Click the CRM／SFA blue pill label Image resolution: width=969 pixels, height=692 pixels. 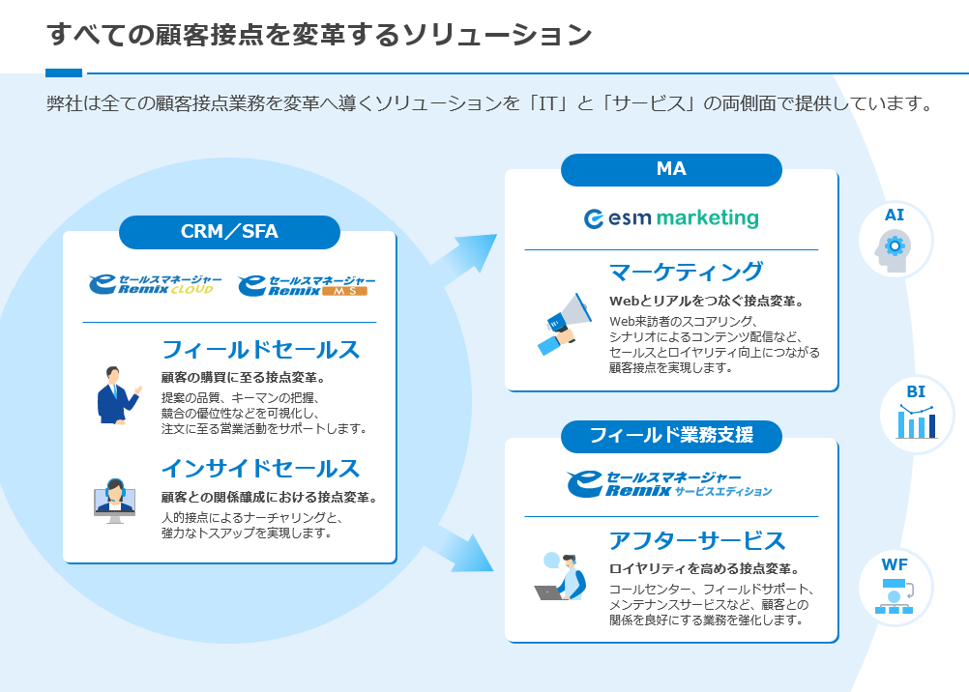[x=229, y=232]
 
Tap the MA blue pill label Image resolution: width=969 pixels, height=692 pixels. [x=671, y=169]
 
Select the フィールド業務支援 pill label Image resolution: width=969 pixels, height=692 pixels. [x=671, y=436]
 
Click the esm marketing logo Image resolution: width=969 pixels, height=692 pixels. [x=671, y=218]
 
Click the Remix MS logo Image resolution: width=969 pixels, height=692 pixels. [x=307, y=284]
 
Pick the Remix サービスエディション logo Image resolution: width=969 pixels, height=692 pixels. [x=670, y=484]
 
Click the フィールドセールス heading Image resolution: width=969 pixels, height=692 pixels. [x=260, y=350]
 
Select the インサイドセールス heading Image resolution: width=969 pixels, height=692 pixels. [x=260, y=469]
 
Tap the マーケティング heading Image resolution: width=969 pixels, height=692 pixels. [x=686, y=272]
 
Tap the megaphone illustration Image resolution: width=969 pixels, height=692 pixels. [x=564, y=319]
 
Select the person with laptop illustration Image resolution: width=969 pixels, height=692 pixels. [x=562, y=577]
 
